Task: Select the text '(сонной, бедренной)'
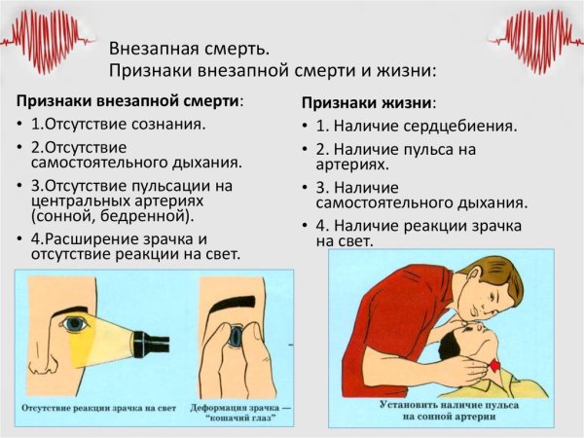(x=113, y=216)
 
